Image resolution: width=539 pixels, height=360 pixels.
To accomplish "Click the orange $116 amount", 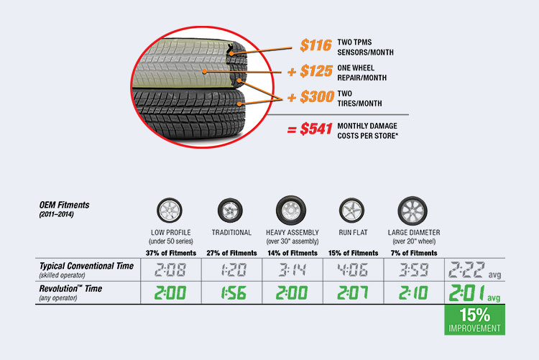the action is (316, 45).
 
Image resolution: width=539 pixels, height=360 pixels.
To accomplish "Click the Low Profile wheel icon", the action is (170, 211).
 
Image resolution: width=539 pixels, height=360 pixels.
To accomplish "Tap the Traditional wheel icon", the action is (230, 211).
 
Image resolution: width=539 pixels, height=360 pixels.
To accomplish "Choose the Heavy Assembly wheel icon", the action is (291, 211).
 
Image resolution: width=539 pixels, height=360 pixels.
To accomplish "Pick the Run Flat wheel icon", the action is (351, 211).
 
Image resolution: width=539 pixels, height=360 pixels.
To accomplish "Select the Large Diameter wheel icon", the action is (413, 211).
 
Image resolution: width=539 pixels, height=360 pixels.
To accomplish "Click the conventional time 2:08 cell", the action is (170, 270).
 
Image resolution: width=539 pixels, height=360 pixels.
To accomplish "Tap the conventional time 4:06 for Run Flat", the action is (352, 270).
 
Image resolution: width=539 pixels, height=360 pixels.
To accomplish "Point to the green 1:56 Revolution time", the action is (233, 293).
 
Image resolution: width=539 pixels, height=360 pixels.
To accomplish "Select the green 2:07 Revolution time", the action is (352, 293).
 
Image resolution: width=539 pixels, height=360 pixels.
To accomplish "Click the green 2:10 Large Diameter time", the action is (413, 293).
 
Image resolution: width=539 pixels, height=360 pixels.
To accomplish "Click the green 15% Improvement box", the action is (475, 320).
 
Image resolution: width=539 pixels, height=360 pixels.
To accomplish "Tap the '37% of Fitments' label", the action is (171, 253).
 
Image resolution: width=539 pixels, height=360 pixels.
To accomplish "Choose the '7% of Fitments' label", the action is (414, 253).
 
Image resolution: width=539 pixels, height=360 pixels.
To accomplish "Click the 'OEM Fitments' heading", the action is (64, 205).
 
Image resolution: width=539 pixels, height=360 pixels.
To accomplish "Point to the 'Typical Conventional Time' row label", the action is (86, 266).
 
